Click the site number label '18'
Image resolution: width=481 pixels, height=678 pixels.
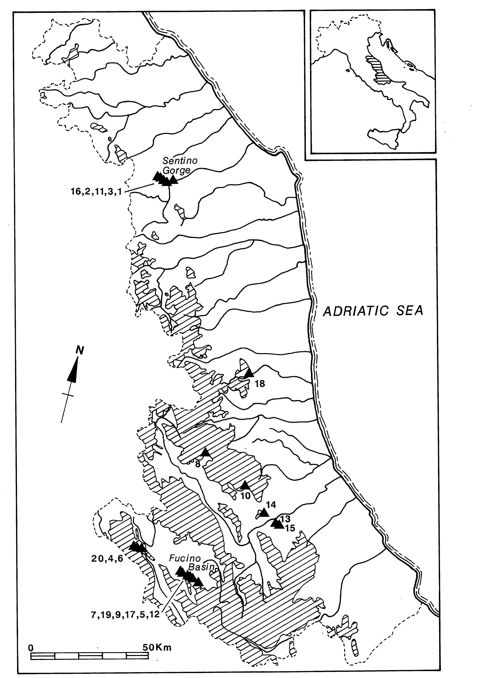click(x=259, y=384)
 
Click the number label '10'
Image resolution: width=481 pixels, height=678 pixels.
click(x=246, y=496)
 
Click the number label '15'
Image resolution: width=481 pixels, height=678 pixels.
click(x=290, y=528)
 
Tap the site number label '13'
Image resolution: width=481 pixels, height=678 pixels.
click(x=286, y=519)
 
